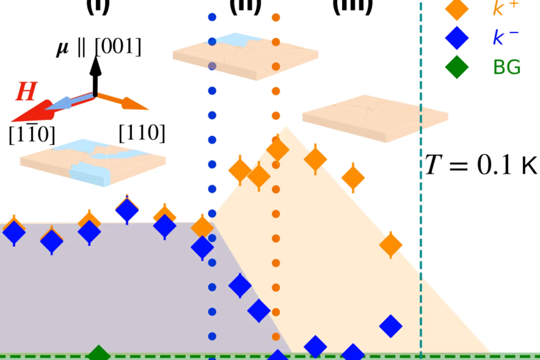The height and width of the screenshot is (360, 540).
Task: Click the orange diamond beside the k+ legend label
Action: (457, 9)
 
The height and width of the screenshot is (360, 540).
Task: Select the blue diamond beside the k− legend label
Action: (457, 38)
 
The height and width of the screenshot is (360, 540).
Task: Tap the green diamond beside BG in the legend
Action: (457, 67)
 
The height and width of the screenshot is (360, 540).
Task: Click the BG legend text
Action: (507, 67)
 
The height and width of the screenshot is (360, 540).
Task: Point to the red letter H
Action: (26, 91)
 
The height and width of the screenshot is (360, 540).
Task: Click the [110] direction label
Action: (142, 133)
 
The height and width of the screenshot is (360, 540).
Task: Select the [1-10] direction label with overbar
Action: (32, 134)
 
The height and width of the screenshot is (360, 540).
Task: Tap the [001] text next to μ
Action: (118, 47)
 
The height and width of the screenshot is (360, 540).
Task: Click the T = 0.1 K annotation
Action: (481, 164)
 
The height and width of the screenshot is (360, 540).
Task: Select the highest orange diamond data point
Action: (278, 149)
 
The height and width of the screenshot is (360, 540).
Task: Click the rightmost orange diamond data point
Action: (391, 245)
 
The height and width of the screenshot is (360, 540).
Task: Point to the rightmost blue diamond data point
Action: (391, 326)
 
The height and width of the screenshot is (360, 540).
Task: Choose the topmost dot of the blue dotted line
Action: (212, 17)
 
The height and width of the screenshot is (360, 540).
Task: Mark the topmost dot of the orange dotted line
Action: (276, 17)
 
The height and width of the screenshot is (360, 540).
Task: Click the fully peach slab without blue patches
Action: (375, 118)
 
